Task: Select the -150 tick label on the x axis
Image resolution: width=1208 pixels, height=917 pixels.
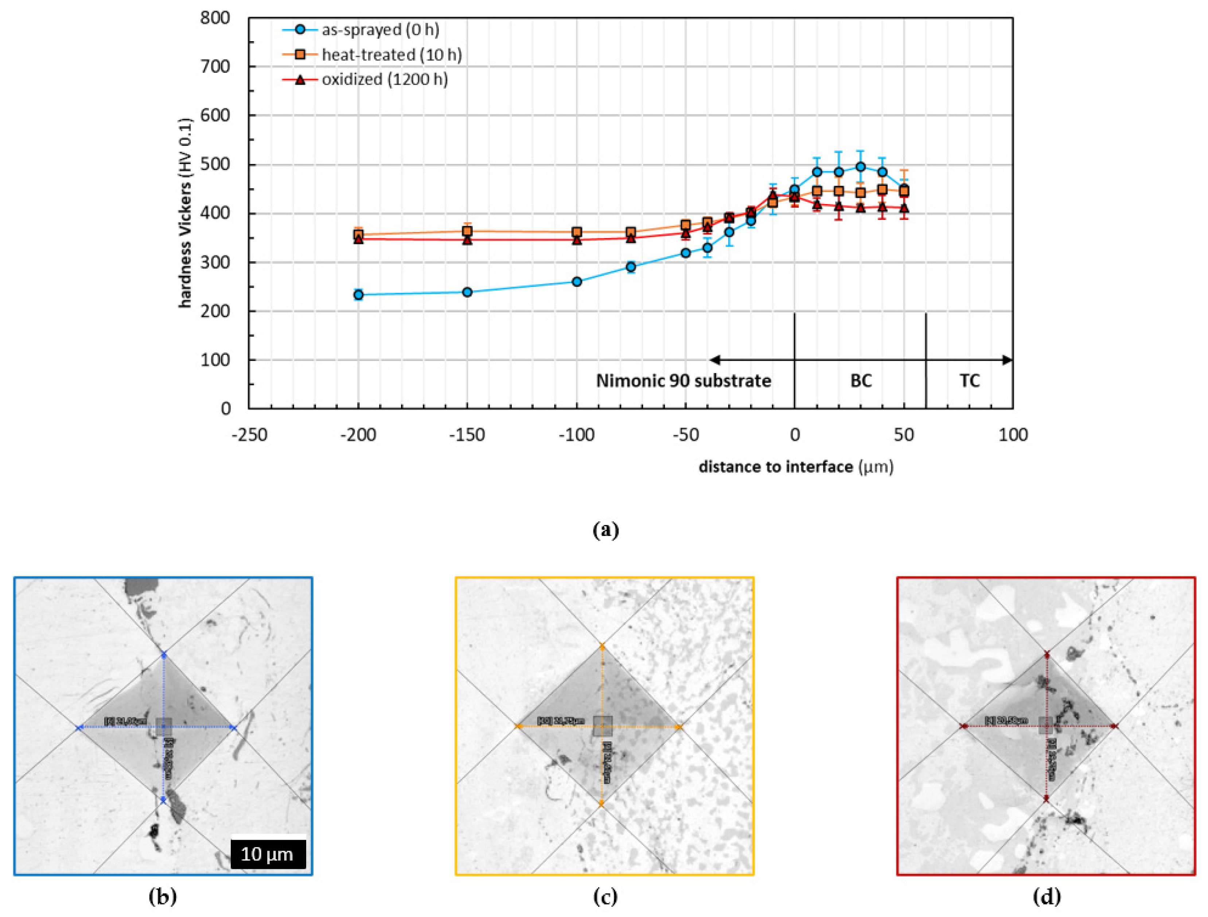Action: click(x=467, y=435)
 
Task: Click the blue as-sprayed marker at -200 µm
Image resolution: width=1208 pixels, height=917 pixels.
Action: click(x=358, y=295)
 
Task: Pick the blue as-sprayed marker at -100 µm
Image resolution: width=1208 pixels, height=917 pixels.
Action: click(x=577, y=282)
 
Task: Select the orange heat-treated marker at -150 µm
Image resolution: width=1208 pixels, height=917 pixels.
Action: click(x=467, y=231)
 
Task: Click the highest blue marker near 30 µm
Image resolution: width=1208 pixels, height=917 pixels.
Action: click(x=861, y=166)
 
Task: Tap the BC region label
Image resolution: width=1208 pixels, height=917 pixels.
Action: click(x=861, y=380)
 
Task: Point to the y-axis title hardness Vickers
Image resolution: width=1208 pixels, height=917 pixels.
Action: click(x=186, y=213)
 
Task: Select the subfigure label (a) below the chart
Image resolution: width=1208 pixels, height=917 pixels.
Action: click(x=605, y=529)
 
